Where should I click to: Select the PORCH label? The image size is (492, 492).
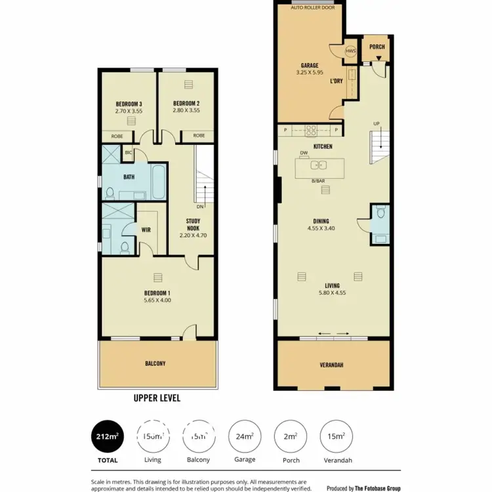[377, 47]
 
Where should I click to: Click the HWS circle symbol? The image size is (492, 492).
[352, 51]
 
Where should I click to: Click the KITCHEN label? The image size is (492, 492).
[323, 146]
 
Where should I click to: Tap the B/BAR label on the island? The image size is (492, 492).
[318, 180]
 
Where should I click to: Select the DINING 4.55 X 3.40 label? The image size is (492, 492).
[321, 225]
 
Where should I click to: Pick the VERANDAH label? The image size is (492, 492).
[332, 365]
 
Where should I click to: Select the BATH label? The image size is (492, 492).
[129, 176]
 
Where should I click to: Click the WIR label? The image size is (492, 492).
[146, 230]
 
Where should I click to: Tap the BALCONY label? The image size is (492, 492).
[155, 363]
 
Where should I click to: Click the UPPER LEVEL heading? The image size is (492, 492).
[157, 398]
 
